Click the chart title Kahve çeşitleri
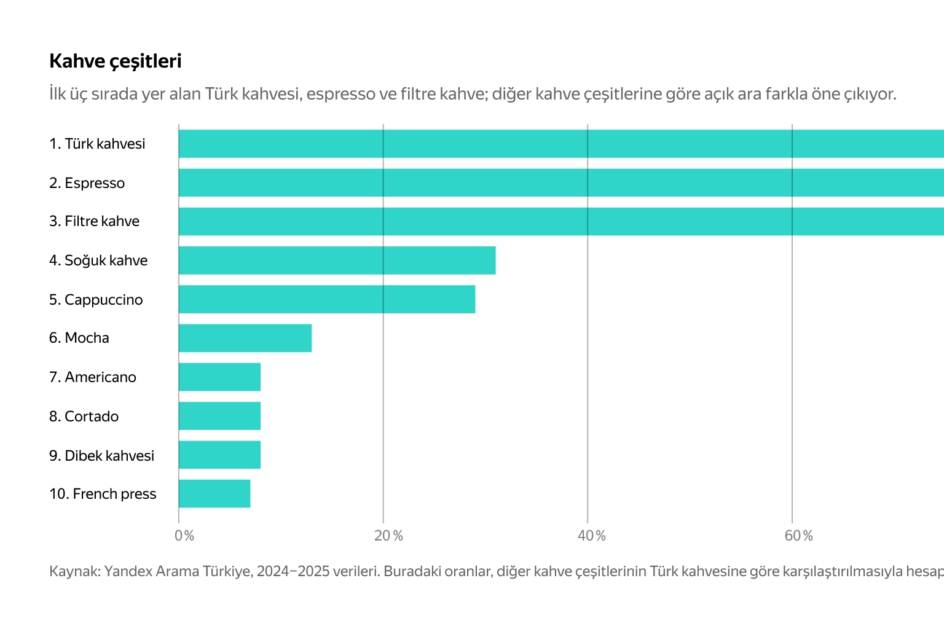coord(116,61)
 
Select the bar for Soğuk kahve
coord(337,260)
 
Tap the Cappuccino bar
coord(327,299)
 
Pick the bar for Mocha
coord(245,338)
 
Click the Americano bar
coord(219,377)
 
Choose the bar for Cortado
coord(219,416)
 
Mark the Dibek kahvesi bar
coord(219,455)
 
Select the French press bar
coord(214,494)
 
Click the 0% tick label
coord(184,536)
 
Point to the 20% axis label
coord(388,536)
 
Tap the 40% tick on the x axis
coord(592,536)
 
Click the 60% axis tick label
coord(798,536)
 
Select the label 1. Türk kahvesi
coord(97,144)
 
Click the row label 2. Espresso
coord(87,183)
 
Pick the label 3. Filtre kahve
coord(94,221)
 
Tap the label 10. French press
coord(103,494)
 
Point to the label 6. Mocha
coord(79,338)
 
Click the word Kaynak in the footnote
coord(74,571)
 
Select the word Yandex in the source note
coord(127,571)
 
